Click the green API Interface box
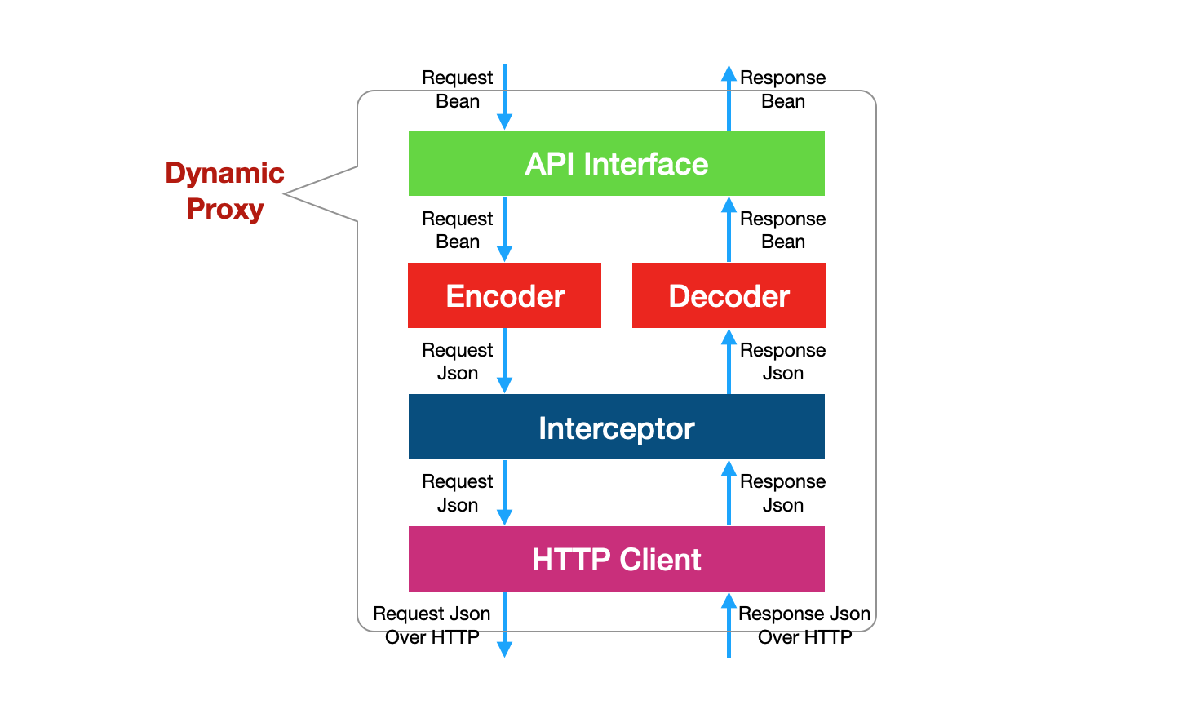point(616,163)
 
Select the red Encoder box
point(504,295)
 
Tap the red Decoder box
point(729,295)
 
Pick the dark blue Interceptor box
point(616,427)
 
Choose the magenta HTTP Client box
point(616,559)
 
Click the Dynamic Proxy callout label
point(224,191)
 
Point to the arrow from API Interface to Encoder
point(504,229)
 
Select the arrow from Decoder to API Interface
point(729,229)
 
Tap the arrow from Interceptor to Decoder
point(729,361)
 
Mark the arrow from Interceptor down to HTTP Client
point(504,492)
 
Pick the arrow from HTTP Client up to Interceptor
point(729,492)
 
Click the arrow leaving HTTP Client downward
point(504,624)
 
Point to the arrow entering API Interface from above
point(504,96)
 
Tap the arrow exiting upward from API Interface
point(729,98)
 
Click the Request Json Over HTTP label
point(432,625)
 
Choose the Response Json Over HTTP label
point(804,625)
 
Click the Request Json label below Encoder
point(457,361)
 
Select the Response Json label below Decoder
point(782,361)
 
